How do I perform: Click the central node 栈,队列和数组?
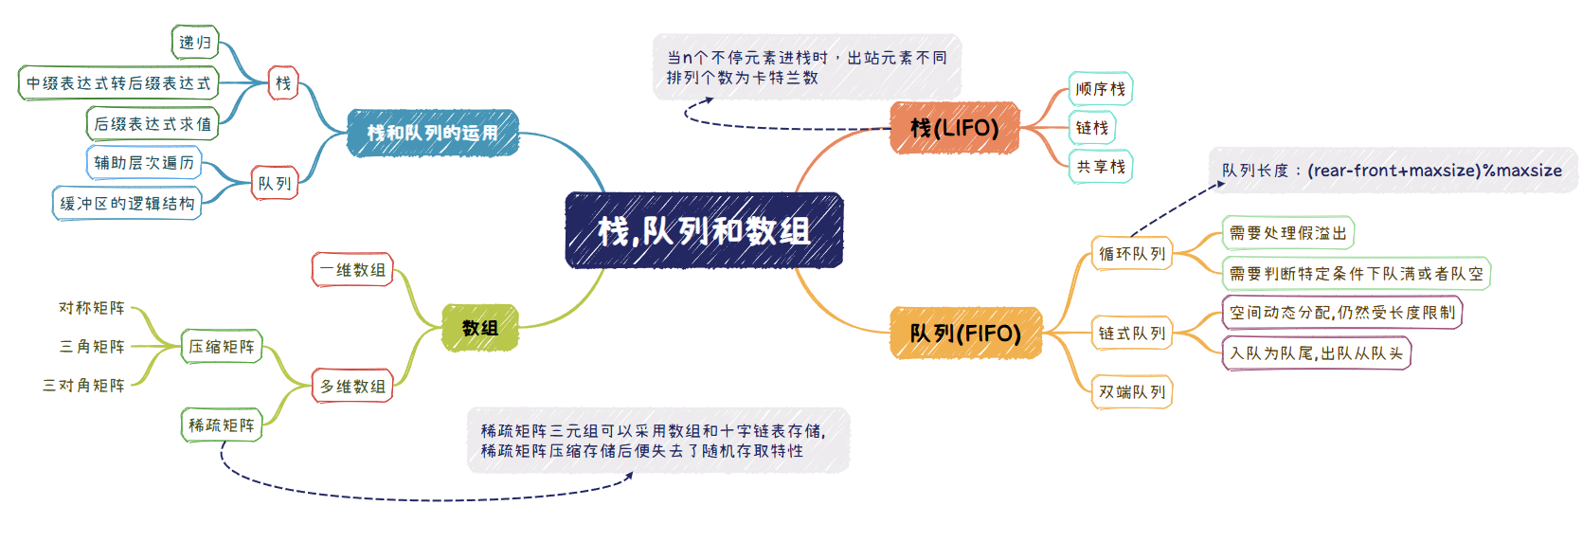(704, 230)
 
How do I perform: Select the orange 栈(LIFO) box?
(955, 128)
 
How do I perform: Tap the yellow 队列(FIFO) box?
(965, 333)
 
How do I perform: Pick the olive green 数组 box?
(480, 328)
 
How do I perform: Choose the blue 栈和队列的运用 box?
(433, 133)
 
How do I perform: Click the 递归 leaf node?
(196, 43)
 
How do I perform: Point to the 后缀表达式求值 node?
(153, 124)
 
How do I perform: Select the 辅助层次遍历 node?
(144, 163)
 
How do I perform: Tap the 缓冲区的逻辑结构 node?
(127, 204)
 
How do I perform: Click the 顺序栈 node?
(1101, 89)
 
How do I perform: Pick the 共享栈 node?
(1101, 167)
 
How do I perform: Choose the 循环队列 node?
(1131, 254)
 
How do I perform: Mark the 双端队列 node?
(1131, 391)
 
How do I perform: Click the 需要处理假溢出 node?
(1288, 233)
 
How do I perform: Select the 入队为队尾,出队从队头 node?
(1317, 353)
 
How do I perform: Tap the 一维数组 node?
(352, 270)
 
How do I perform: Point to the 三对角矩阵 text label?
(84, 385)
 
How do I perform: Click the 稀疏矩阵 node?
(222, 425)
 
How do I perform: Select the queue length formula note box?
(1393, 171)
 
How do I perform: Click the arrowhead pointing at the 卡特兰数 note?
(708, 101)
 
